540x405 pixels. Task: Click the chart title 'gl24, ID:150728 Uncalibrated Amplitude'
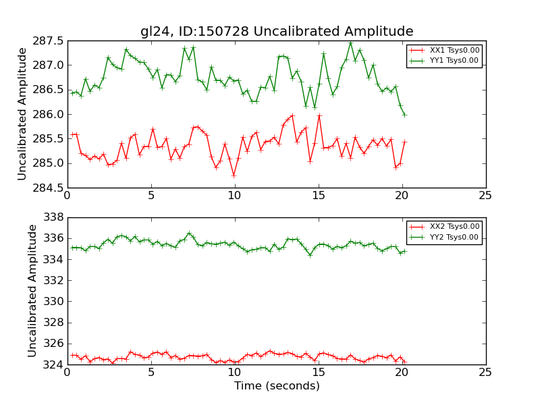(277, 31)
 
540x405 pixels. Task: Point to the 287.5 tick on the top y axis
(47, 41)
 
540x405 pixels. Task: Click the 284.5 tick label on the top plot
(47, 188)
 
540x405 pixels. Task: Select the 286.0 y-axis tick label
(47, 114)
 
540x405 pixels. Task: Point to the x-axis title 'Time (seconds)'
(277, 386)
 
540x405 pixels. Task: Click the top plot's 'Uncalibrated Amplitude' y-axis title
(22, 113)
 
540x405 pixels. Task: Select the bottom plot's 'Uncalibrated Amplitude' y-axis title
(32, 291)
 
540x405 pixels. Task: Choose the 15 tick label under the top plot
(318, 196)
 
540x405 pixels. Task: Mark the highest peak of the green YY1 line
(350, 43)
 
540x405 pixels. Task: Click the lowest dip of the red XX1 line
(234, 175)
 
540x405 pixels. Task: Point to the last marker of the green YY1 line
(404, 115)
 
